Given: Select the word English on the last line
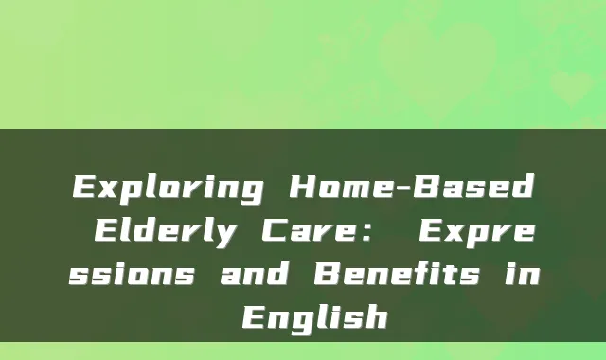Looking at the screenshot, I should (x=313, y=316).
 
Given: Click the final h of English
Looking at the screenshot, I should (x=376, y=315).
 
